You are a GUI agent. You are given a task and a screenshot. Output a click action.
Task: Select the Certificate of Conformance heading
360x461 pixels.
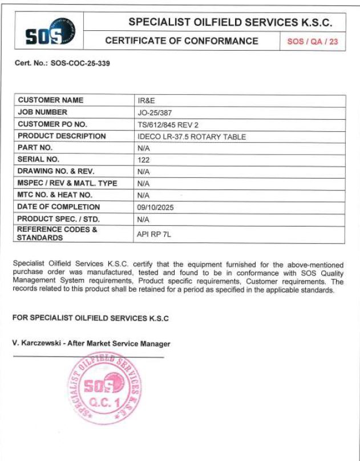[x=181, y=42]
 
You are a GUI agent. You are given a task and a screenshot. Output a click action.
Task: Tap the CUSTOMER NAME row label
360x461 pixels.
[x=51, y=100]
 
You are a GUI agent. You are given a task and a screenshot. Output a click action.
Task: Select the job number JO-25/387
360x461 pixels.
[x=153, y=112]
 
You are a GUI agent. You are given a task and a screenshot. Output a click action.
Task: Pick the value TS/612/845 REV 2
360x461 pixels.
[x=165, y=124]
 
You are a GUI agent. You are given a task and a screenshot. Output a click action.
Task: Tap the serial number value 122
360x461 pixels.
[x=144, y=160]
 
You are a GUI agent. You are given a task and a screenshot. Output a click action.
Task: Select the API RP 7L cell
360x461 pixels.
[x=155, y=233]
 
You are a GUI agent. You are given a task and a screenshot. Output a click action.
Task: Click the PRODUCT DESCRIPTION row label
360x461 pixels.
[x=62, y=136]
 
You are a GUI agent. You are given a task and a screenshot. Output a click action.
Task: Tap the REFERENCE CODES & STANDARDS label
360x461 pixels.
[x=57, y=233]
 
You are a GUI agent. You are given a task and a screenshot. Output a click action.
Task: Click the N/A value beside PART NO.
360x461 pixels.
[x=144, y=148]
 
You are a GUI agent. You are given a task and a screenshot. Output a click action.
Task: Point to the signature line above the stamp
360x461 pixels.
[x=88, y=357]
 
